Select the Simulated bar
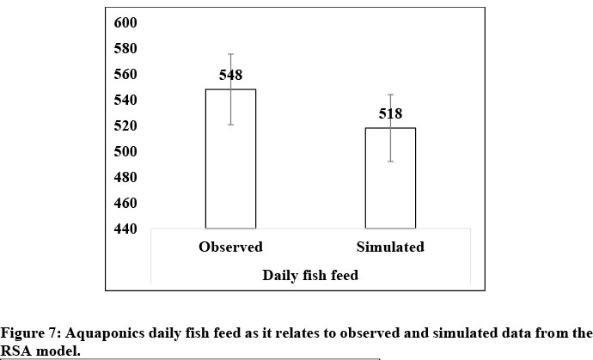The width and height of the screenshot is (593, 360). point(391,185)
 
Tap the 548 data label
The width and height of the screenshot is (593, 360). point(230,76)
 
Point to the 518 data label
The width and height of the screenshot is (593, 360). point(391,113)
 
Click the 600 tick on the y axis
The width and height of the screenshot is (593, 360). point(125,22)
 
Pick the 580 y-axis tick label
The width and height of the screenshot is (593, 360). point(125,48)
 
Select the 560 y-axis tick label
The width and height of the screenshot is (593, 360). point(125,74)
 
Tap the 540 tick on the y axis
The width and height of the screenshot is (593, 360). point(125,100)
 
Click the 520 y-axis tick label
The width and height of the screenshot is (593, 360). point(125,125)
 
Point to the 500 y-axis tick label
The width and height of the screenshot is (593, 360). point(125,151)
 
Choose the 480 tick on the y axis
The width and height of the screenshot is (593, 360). point(125,177)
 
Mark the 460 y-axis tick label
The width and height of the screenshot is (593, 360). point(125,203)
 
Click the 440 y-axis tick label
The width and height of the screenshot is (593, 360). point(125,229)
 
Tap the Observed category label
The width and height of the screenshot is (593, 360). point(230,247)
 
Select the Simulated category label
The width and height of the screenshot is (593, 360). point(390,247)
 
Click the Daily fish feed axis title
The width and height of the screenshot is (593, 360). point(310,275)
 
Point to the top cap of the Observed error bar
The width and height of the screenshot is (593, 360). point(230,54)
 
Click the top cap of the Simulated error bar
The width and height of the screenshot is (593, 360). point(391,95)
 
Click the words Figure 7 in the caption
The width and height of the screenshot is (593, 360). point(27,333)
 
